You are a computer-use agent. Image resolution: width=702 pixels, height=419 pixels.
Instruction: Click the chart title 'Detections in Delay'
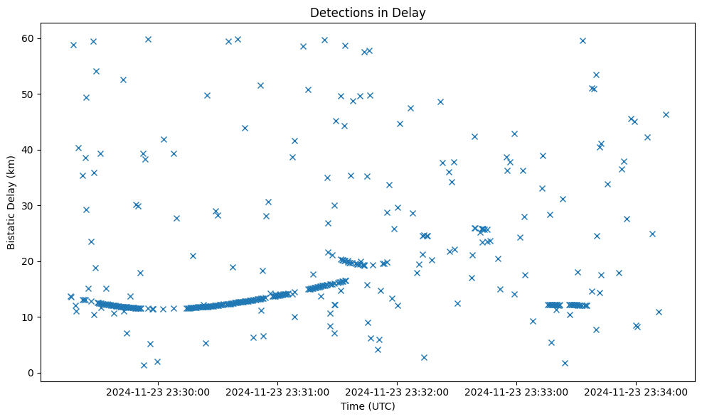point(368,13)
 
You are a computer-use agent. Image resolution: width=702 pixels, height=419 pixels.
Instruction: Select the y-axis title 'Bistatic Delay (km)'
point(11,202)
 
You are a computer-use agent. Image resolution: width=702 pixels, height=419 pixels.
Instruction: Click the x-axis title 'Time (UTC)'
point(368,407)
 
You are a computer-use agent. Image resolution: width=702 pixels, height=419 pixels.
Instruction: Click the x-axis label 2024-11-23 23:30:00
point(158,392)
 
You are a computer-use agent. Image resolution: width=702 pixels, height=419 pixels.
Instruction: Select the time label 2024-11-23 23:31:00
point(277,392)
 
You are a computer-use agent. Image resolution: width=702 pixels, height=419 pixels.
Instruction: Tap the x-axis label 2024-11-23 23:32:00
point(397,392)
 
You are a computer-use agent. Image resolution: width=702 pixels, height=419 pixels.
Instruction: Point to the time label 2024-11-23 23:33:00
point(516,392)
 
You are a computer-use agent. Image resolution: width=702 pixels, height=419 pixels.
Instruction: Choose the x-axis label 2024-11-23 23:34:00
point(636,392)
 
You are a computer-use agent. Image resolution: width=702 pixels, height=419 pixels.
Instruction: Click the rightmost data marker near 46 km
point(666,114)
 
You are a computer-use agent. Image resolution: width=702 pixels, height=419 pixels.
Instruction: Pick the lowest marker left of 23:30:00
point(144,365)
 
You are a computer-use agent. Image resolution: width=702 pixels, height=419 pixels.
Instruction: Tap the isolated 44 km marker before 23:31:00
point(245,128)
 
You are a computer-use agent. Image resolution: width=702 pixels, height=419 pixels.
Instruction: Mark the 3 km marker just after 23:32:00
point(424,357)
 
